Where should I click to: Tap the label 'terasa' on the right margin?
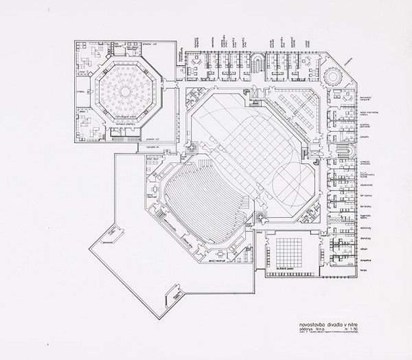pyautogui.click(x=363, y=271)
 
